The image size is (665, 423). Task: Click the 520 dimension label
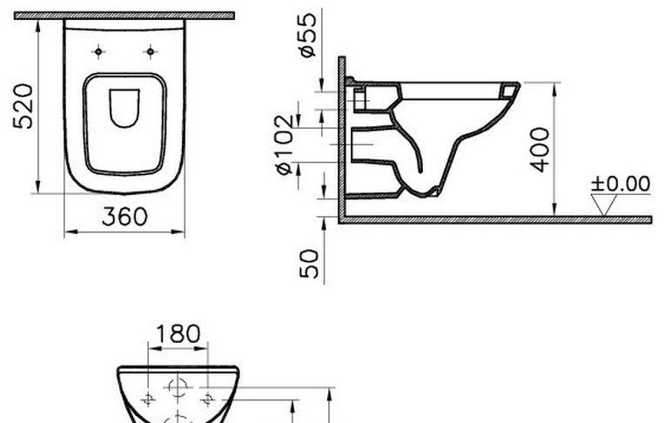[24, 105]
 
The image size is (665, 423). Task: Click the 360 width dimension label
[124, 217]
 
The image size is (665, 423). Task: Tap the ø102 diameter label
[285, 144]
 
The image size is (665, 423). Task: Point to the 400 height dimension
[540, 149]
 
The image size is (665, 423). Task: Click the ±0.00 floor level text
[621, 184]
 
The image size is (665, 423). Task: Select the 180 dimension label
[178, 333]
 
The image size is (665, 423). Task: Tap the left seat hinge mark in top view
[98, 52]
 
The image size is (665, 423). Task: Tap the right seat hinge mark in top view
[151, 52]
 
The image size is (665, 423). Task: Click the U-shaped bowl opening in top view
[124, 107]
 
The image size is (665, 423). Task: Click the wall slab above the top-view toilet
[124, 16]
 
